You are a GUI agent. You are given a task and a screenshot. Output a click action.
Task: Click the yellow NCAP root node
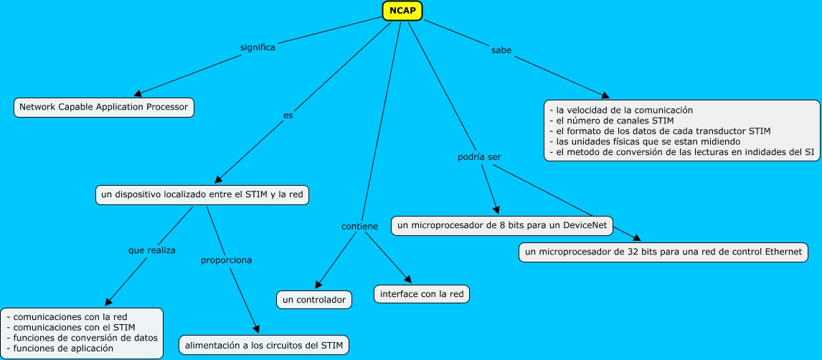click(x=402, y=11)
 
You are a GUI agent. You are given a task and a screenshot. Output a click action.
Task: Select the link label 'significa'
click(x=258, y=47)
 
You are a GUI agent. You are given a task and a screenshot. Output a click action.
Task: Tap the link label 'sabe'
click(x=501, y=50)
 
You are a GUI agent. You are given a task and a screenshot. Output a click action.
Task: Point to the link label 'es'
click(x=288, y=115)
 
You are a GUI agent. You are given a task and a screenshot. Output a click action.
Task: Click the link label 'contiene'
click(x=359, y=227)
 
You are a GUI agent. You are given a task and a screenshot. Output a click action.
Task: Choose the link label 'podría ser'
click(x=480, y=156)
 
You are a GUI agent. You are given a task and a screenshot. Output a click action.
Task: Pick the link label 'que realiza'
click(x=152, y=250)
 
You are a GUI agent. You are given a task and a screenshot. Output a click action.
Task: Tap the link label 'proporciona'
click(x=227, y=260)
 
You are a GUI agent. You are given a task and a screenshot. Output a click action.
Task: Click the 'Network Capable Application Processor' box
click(x=104, y=108)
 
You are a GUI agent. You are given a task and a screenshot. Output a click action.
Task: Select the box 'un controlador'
click(x=314, y=300)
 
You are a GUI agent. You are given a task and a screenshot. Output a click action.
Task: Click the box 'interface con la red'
click(x=422, y=294)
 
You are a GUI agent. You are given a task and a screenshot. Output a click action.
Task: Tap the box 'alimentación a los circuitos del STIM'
click(x=264, y=346)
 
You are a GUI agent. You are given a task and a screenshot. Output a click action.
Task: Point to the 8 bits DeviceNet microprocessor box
click(x=502, y=226)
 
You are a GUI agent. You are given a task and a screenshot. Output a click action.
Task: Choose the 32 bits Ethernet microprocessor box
click(x=663, y=252)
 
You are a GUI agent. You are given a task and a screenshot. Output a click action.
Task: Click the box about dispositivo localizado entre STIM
click(x=202, y=195)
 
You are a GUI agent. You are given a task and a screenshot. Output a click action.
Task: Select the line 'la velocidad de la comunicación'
click(x=621, y=110)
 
